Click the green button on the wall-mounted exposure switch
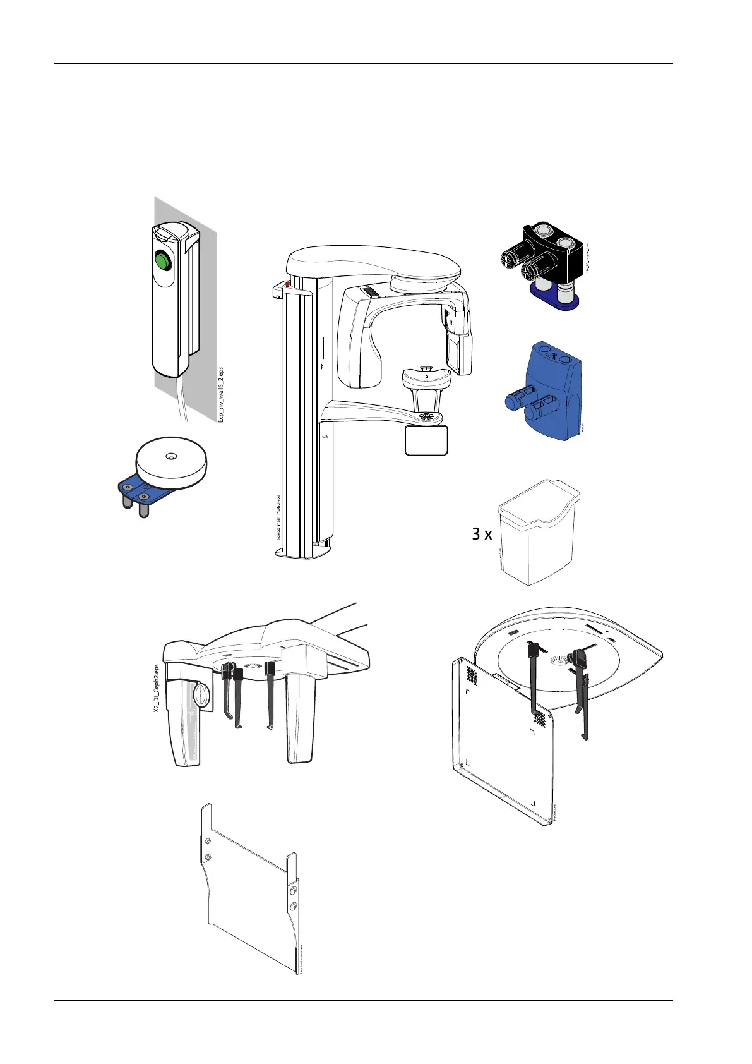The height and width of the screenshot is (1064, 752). (x=163, y=260)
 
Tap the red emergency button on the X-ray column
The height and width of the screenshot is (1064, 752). (x=287, y=285)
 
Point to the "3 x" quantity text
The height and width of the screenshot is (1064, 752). (x=482, y=535)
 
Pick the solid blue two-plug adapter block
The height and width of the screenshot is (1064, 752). (x=549, y=392)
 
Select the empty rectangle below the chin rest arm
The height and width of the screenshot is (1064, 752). (x=426, y=440)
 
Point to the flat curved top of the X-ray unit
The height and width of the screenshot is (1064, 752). (x=373, y=262)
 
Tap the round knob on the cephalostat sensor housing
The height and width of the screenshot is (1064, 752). (x=200, y=695)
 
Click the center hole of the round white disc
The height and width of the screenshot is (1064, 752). (x=170, y=455)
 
